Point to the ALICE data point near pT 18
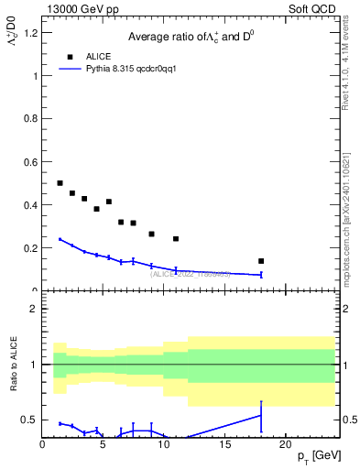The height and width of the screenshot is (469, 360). coord(261,261)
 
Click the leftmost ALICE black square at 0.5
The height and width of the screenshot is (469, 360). coord(60,183)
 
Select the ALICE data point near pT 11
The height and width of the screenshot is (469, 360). coord(176,239)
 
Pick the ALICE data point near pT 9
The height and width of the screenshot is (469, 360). coord(151,234)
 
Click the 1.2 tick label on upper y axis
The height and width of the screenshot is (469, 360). coord(29,33)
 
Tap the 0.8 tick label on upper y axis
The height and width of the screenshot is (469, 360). coord(29,119)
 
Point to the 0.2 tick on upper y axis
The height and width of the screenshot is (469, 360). coord(29,248)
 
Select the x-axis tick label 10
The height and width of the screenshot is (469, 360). coord(163,444)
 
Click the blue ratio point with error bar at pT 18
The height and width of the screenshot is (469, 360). coord(261,416)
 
